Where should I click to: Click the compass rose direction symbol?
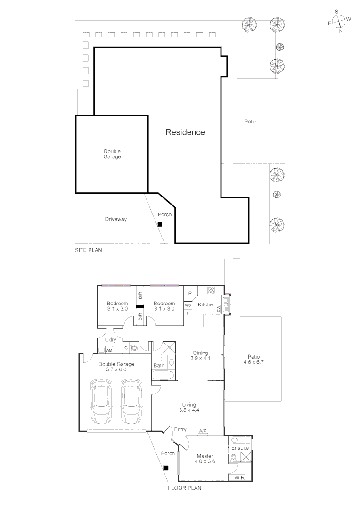(x=339, y=21)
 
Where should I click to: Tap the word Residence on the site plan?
(x=185, y=132)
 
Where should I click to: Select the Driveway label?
(x=115, y=219)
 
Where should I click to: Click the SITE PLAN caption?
(x=89, y=251)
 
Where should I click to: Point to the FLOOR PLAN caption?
(x=185, y=488)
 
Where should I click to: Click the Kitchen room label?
(x=206, y=305)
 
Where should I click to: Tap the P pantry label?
(x=189, y=293)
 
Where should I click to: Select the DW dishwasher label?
(x=219, y=309)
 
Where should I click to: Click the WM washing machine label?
(x=109, y=350)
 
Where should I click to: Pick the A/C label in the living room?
(x=203, y=431)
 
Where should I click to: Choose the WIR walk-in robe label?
(x=239, y=477)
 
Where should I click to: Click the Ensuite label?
(x=240, y=447)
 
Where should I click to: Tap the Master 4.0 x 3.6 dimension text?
(x=205, y=459)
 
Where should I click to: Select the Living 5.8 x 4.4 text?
(x=189, y=408)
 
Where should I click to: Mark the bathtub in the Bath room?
(x=164, y=376)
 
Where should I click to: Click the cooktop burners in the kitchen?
(x=210, y=290)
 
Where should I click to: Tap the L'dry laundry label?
(x=110, y=340)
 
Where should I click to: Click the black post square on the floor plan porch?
(x=165, y=468)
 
